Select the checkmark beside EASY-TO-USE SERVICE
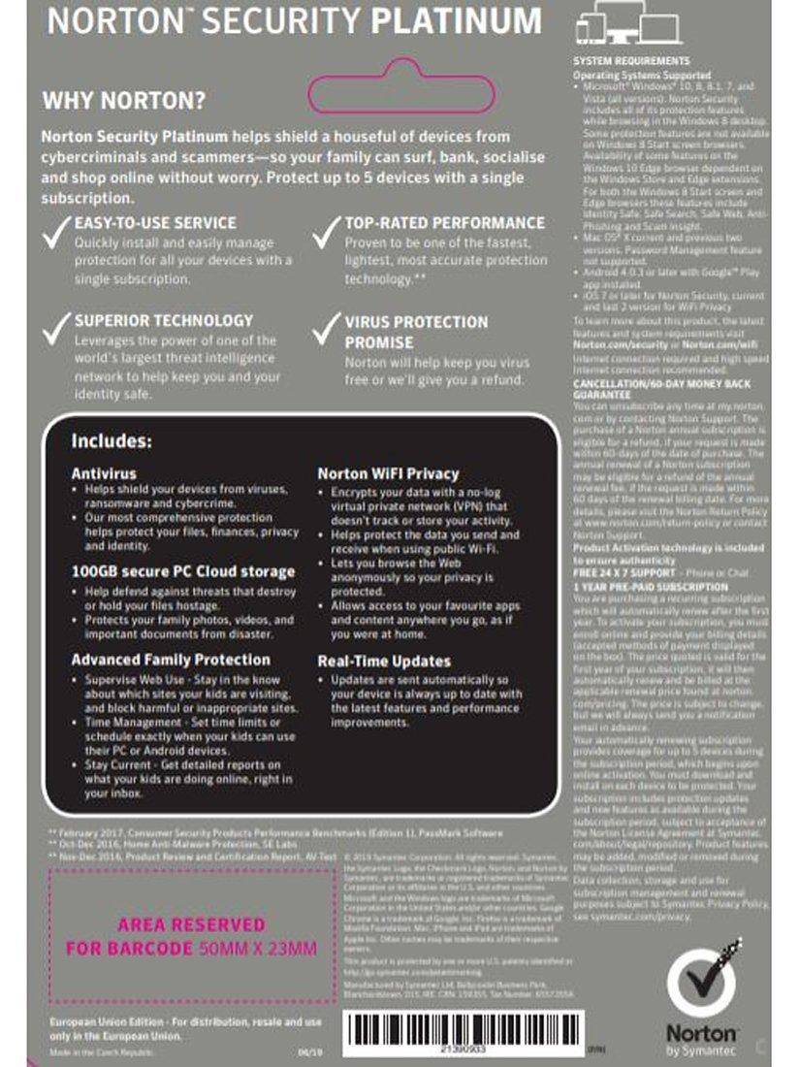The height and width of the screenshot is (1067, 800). [56, 237]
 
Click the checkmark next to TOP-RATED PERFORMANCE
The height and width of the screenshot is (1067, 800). [327, 237]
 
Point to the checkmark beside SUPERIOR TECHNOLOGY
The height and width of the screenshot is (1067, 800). [56, 331]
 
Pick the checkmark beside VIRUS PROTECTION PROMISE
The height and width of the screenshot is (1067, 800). [327, 331]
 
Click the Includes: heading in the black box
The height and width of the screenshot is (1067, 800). [112, 441]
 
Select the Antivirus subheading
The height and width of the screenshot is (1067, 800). [103, 473]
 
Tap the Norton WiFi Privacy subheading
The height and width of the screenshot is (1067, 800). [388, 473]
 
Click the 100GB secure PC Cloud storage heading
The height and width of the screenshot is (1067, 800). [183, 571]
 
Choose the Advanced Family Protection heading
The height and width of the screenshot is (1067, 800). [171, 660]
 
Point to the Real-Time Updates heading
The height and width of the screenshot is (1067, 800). [384, 661]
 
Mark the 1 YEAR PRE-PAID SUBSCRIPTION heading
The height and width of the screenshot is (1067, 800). [650, 588]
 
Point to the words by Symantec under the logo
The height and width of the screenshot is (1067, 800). [701, 1051]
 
